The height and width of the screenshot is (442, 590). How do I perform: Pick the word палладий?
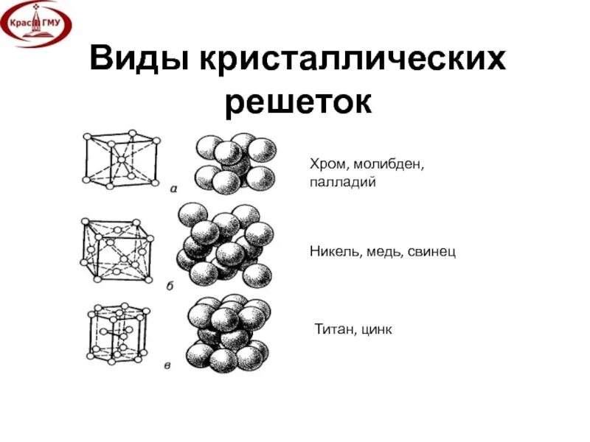[343, 182]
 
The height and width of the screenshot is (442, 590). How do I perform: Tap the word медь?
[382, 252]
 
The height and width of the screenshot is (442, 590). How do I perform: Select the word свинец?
[431, 252]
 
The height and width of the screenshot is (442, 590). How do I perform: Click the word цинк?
[377, 329]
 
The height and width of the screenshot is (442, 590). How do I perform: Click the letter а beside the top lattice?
[175, 188]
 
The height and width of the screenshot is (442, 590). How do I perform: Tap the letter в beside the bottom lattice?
[167, 364]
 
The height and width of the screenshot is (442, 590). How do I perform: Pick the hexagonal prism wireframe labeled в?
[115, 331]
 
